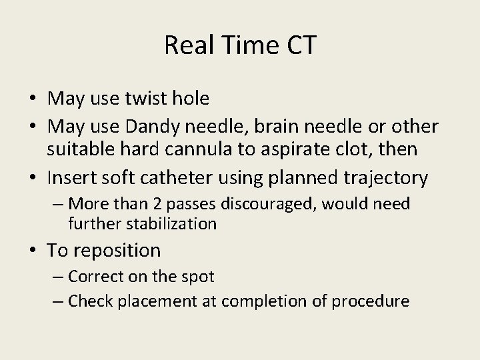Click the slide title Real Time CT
(x=240, y=45)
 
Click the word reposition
(x=117, y=251)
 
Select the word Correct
(x=98, y=277)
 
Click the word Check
(x=91, y=301)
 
